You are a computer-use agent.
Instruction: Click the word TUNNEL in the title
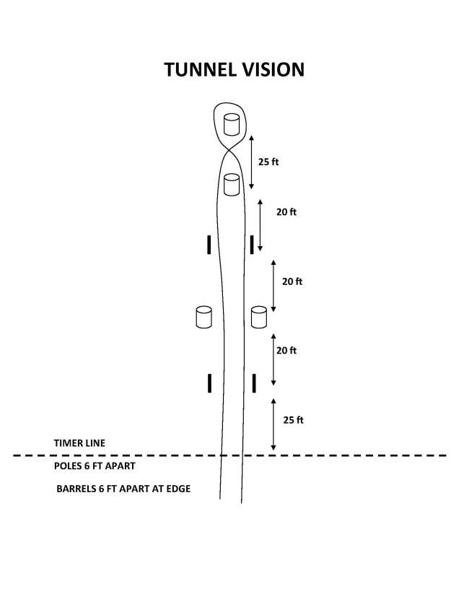pyautogui.click(x=200, y=69)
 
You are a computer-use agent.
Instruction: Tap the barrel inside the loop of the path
pyautogui.click(x=232, y=125)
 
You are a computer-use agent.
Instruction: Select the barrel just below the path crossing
pyautogui.click(x=232, y=185)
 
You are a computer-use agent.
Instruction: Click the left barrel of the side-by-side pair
pyautogui.click(x=203, y=317)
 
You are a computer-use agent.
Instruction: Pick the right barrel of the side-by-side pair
pyautogui.click(x=259, y=317)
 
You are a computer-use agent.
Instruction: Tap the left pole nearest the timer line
pyautogui.click(x=209, y=383)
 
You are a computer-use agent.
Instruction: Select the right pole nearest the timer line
pyautogui.click(x=254, y=383)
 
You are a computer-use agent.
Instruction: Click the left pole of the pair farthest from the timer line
pyautogui.click(x=209, y=245)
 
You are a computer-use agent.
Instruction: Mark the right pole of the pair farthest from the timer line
pyautogui.click(x=252, y=245)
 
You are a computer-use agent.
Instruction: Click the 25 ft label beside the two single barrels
pyautogui.click(x=268, y=162)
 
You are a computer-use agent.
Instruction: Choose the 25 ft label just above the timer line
pyautogui.click(x=294, y=420)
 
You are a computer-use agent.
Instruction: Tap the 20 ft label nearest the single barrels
pyautogui.click(x=286, y=212)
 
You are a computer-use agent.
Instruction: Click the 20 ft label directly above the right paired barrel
pyautogui.click(x=292, y=281)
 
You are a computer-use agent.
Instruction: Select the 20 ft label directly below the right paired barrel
pyautogui.click(x=286, y=351)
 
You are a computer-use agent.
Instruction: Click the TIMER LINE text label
pyautogui.click(x=79, y=443)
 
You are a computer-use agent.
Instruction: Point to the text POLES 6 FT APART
pyautogui.click(x=95, y=466)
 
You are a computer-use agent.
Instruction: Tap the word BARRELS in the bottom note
pyautogui.click(x=76, y=489)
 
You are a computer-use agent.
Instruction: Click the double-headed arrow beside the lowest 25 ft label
pyautogui.click(x=273, y=424)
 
